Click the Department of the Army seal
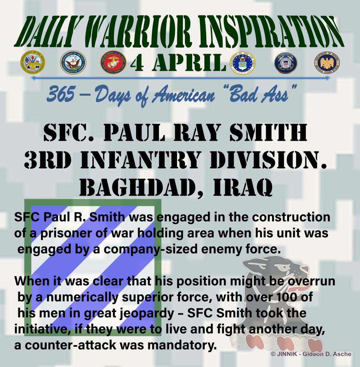point(33,62)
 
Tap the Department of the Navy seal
point(73,62)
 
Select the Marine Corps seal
point(113,62)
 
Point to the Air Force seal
point(243,63)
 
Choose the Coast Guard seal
point(286,63)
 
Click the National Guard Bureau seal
point(327,62)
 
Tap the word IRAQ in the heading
point(243,188)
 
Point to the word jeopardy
point(146,314)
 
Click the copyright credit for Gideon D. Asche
point(311,354)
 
